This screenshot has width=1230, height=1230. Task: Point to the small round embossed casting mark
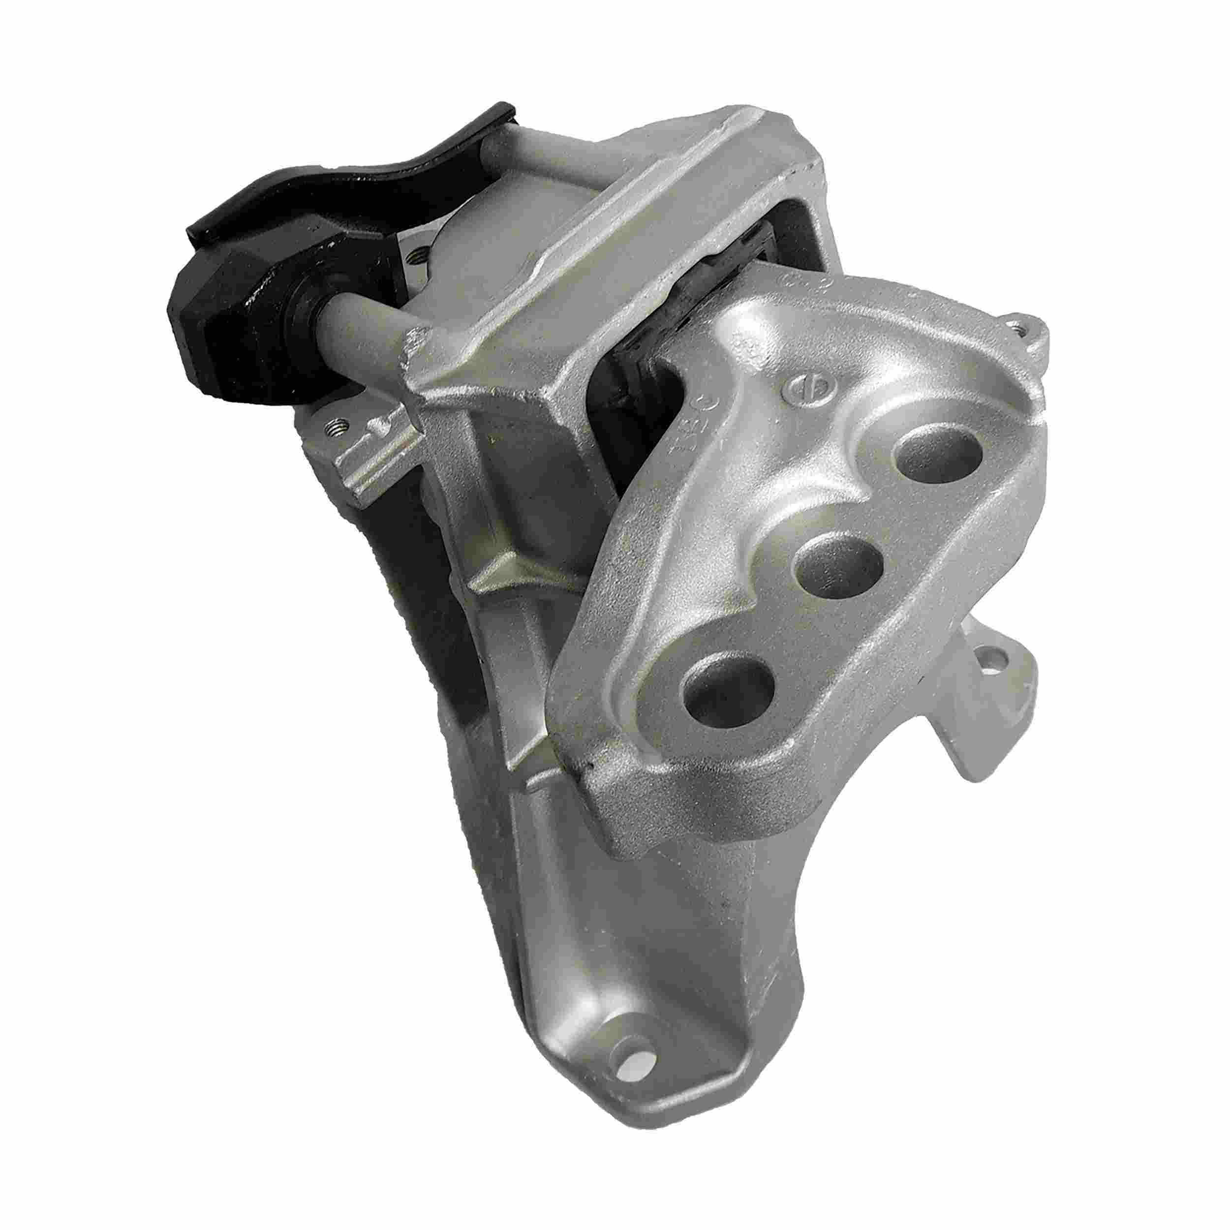[799, 388]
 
